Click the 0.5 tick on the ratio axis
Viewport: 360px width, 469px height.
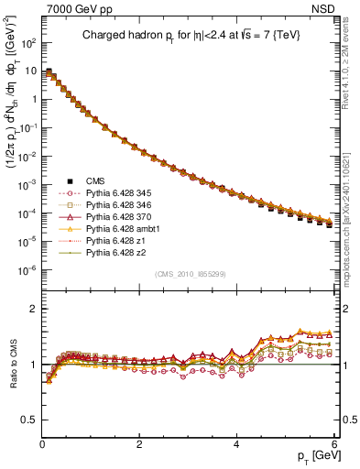[28, 420]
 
